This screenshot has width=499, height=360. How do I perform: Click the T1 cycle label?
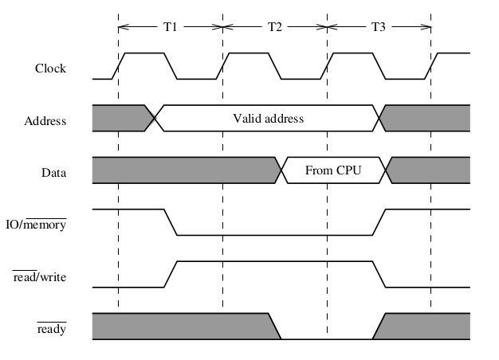[x=170, y=26]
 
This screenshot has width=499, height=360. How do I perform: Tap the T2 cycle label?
[x=274, y=26]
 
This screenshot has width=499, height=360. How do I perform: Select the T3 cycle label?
[x=379, y=26]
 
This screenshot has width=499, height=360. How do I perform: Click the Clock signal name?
[x=50, y=68]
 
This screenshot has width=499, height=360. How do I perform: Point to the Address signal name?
[x=45, y=121]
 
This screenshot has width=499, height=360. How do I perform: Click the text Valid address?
[x=269, y=119]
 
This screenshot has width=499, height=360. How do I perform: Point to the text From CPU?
[x=334, y=170]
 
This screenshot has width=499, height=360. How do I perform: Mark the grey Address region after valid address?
[x=429, y=118]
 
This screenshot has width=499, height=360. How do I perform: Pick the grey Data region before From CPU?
[x=183, y=170]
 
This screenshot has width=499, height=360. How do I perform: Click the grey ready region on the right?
[x=426, y=325]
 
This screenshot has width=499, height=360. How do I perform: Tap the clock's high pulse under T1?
[x=144, y=54]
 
